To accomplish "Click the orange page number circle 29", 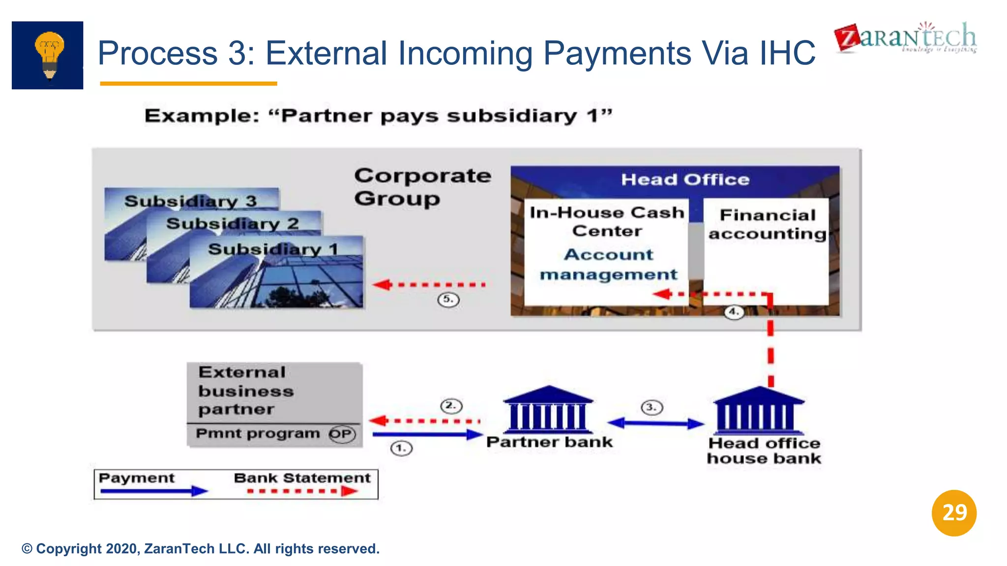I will pyautogui.click(x=954, y=513).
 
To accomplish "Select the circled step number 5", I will pyautogui.click(x=448, y=299).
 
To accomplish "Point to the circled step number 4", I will pyautogui.click(x=734, y=312).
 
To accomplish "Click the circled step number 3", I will pyautogui.click(x=652, y=407).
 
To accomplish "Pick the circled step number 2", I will pyautogui.click(x=451, y=406).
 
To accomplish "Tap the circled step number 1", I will pyautogui.click(x=401, y=448).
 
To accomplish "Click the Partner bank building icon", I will pyautogui.click(x=548, y=409).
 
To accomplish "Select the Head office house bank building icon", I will pyautogui.click(x=758, y=410).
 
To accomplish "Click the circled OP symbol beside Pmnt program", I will pyautogui.click(x=342, y=434).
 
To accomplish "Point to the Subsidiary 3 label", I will pyautogui.click(x=191, y=201).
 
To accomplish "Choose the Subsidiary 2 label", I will pyautogui.click(x=233, y=224).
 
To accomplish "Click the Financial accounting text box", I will pyautogui.click(x=767, y=225).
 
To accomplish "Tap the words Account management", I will pyautogui.click(x=608, y=264).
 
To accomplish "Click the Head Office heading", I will pyautogui.click(x=685, y=179).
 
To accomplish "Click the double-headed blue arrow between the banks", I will pyautogui.click(x=656, y=423).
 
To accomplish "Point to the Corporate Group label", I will pyautogui.click(x=422, y=187).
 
